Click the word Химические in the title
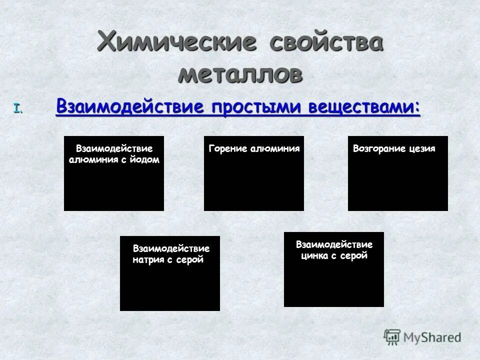point(177,40)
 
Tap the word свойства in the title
point(327,40)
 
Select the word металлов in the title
point(240,74)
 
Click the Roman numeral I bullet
point(18,107)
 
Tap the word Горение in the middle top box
point(226,148)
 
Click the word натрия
point(148,259)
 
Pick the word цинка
point(315,256)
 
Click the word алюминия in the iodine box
point(91,159)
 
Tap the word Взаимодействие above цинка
point(334,244)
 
